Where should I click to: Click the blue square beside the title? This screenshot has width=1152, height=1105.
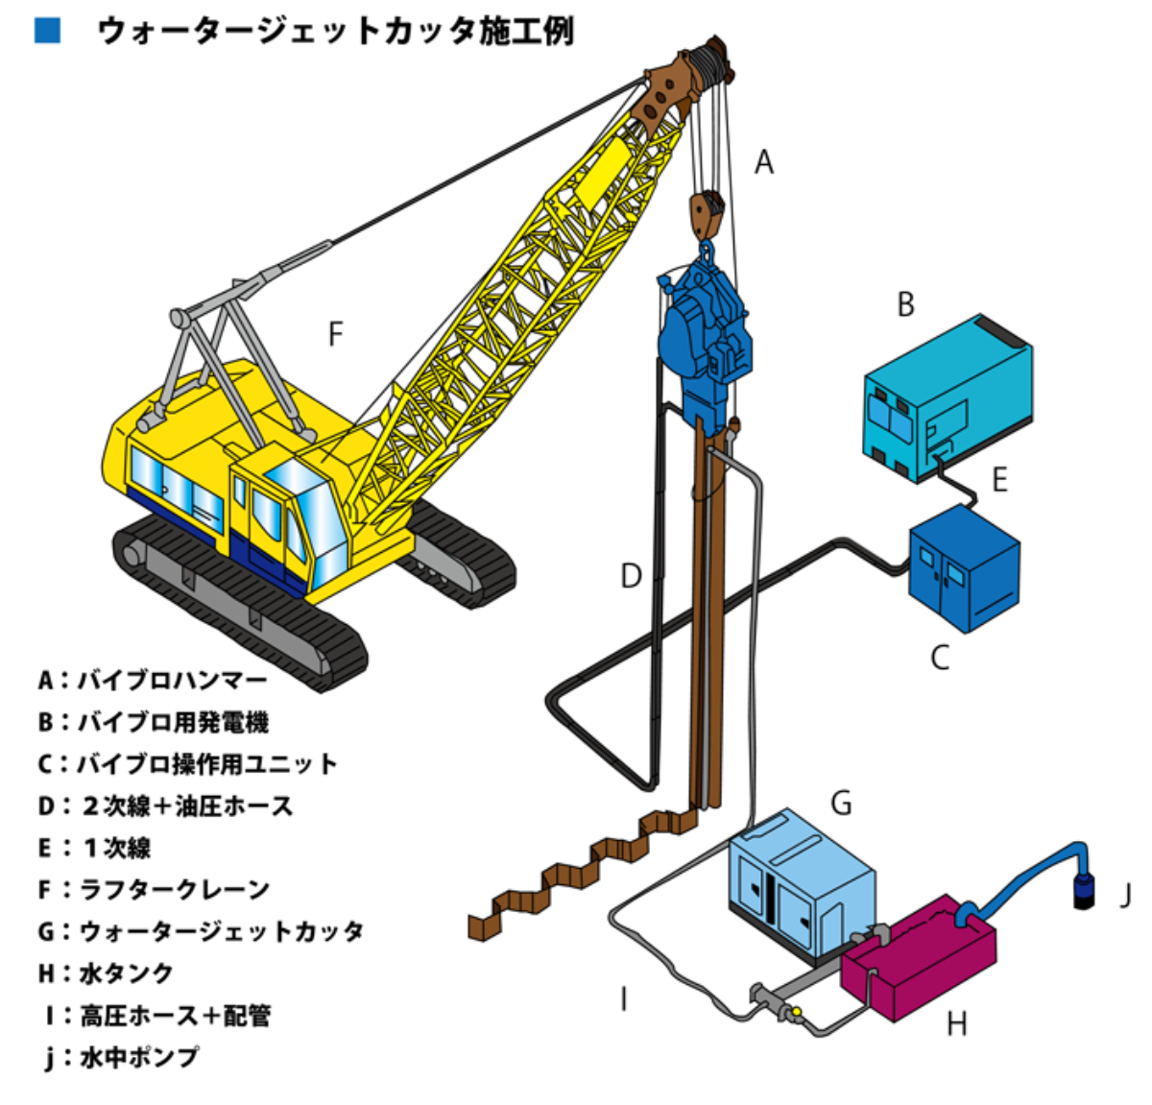[47, 30]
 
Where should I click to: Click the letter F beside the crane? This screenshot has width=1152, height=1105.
[335, 334]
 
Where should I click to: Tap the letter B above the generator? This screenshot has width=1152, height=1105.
[905, 304]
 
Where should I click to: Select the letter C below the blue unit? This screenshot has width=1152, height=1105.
[940, 658]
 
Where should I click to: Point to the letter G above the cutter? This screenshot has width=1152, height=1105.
[841, 802]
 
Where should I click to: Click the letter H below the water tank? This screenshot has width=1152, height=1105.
[956, 1024]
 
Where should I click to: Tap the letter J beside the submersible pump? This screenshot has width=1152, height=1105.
[1125, 896]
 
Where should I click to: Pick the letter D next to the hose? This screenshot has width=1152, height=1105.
[630, 576]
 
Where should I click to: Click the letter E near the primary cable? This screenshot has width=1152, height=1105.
[999, 479]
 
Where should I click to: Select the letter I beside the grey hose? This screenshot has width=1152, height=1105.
[624, 999]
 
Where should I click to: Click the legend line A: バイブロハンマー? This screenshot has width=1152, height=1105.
[153, 681]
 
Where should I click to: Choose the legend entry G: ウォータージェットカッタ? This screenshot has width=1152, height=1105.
[201, 931]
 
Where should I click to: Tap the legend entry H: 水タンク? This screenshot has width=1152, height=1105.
[106, 973]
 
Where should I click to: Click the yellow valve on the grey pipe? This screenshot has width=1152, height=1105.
[795, 1011]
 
